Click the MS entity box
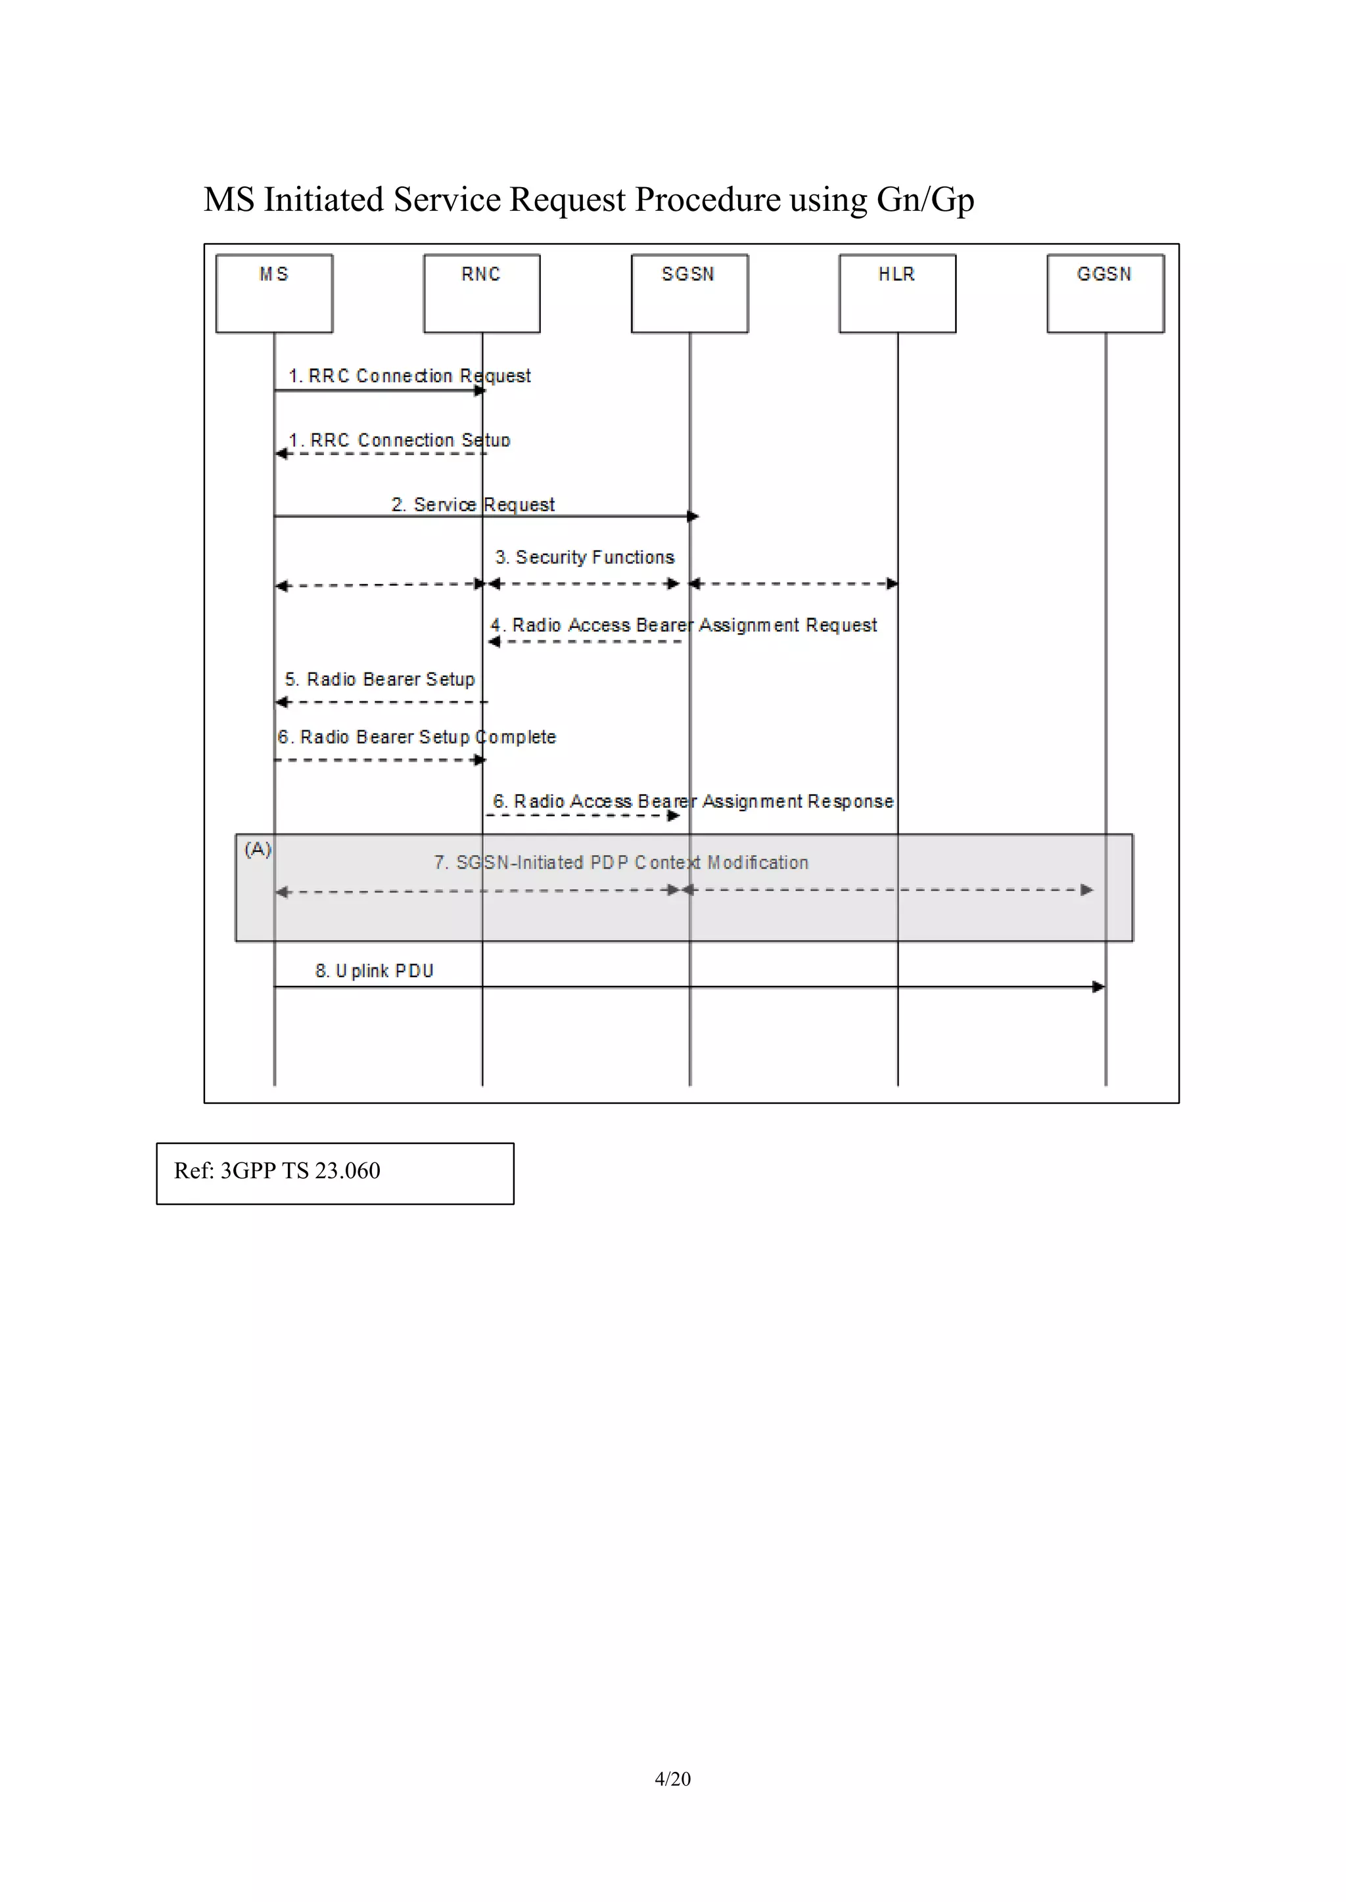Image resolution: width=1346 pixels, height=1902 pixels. [x=274, y=294]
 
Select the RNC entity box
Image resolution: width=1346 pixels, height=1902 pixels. [x=482, y=294]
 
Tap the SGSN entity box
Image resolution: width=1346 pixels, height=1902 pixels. [x=689, y=294]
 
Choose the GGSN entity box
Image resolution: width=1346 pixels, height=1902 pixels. [x=1105, y=294]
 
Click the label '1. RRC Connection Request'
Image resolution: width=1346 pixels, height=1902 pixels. [x=409, y=376]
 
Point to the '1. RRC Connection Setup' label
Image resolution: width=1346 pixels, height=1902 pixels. [x=400, y=440]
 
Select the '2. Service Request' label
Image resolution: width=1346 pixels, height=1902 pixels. [x=473, y=504]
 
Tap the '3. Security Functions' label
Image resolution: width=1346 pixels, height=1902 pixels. [x=585, y=558]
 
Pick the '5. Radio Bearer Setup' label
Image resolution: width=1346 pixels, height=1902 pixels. [x=380, y=679]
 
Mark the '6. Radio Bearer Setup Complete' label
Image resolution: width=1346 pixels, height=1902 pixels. [x=417, y=738]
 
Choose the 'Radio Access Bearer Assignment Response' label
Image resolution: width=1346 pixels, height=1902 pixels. [x=693, y=801]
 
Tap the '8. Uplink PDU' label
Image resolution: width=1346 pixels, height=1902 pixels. [x=375, y=971]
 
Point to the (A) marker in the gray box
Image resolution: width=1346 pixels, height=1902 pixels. [x=258, y=849]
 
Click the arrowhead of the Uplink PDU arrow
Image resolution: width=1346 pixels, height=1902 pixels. [x=1098, y=986]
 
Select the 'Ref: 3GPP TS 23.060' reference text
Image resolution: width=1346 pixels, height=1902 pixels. [x=277, y=1170]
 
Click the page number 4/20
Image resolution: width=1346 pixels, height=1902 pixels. [x=672, y=1779]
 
